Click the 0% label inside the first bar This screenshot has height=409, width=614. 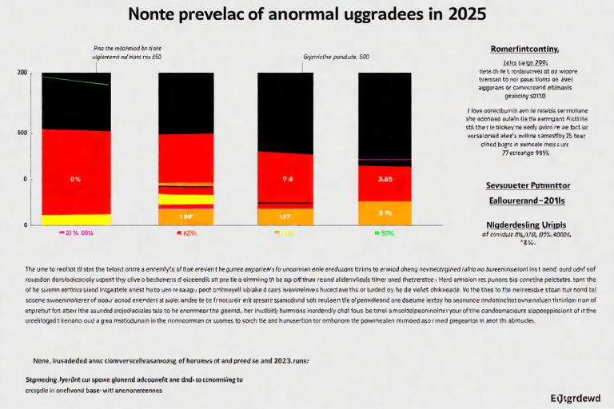75,179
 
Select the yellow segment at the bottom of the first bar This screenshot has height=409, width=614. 76,220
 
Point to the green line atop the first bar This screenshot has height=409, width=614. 76,81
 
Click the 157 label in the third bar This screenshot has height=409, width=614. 284,216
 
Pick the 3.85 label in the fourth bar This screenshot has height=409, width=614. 384,179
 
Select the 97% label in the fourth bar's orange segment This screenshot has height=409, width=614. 385,213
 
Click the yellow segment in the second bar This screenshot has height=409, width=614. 185,200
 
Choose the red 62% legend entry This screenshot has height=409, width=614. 185,233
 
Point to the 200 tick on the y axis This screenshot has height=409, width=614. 22,73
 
